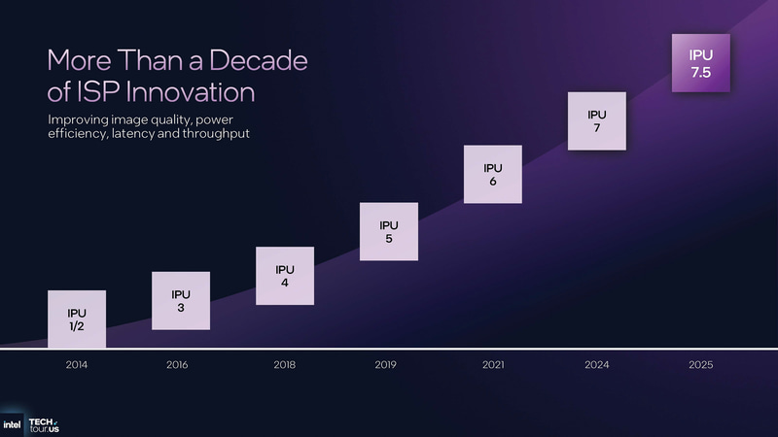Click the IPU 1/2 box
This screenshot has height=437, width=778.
(x=77, y=319)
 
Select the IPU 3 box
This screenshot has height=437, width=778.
(x=181, y=300)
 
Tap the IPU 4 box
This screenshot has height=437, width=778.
(x=285, y=276)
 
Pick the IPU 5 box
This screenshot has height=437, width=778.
(x=389, y=231)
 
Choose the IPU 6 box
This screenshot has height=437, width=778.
(x=493, y=174)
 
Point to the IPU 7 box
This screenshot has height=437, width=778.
(x=597, y=121)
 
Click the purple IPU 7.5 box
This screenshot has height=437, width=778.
(x=701, y=62)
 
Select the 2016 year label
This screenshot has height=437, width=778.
(x=177, y=365)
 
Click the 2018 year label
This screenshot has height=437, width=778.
(x=284, y=365)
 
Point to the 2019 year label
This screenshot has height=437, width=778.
(x=388, y=365)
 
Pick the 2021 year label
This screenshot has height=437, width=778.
(x=493, y=365)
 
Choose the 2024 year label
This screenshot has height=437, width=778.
(x=597, y=365)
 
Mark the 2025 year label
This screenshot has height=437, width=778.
(x=700, y=365)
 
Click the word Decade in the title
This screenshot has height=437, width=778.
(x=249, y=60)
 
